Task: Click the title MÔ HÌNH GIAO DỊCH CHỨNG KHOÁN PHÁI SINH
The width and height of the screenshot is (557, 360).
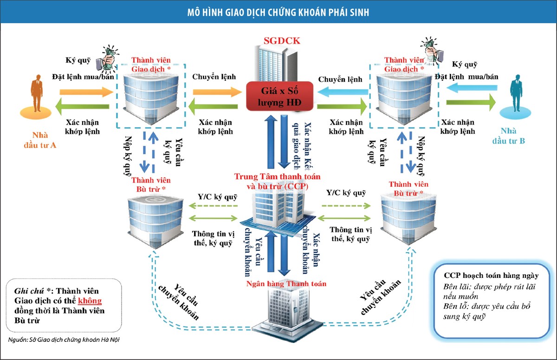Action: (278, 12)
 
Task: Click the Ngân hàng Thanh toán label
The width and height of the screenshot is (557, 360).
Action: (286, 283)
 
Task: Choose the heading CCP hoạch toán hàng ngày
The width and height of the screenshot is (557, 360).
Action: (491, 275)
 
